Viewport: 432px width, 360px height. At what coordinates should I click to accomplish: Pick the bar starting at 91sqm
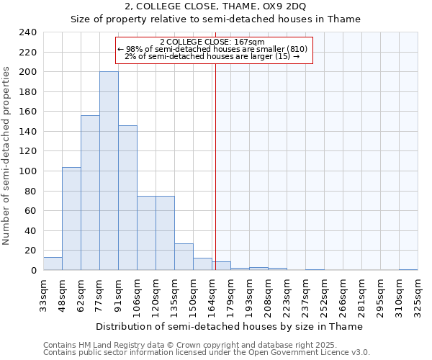pyautogui.click(x=127, y=197)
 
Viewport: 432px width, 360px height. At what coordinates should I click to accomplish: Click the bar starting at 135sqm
pyautogui.click(x=184, y=256)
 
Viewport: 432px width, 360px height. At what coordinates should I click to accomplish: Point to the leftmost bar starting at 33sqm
pyautogui.click(x=53, y=264)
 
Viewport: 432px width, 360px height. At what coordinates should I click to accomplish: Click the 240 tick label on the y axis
pyautogui.click(x=27, y=32)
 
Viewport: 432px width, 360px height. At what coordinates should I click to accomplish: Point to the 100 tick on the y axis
pyautogui.click(x=27, y=171)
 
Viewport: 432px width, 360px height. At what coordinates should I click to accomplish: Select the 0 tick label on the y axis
pyautogui.click(x=33, y=270)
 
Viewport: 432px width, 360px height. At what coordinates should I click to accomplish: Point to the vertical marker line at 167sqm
pyautogui.click(x=215, y=180)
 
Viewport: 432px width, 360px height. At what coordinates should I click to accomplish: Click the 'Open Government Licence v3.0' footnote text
pyautogui.click(x=312, y=352)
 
